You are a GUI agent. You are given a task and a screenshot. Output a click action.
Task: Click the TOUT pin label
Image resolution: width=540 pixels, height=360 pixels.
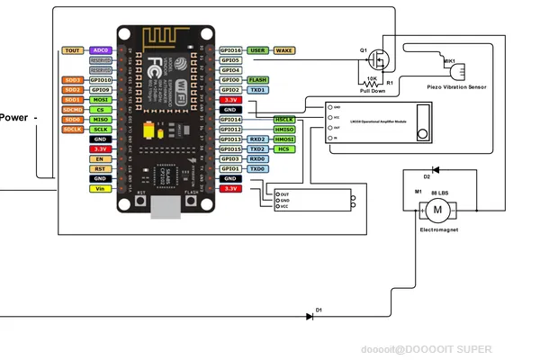[73, 50]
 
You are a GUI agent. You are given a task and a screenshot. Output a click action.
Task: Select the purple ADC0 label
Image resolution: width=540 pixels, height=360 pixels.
[100, 50]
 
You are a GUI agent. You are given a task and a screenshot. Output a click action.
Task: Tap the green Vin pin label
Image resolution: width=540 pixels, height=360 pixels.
[100, 188]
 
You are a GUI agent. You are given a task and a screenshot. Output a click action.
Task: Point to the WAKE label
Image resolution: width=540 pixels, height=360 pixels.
[285, 50]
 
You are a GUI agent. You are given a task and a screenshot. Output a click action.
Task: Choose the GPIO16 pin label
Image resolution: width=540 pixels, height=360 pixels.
[230, 50]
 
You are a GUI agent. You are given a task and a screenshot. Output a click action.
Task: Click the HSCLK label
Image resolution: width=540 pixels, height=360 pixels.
[284, 120]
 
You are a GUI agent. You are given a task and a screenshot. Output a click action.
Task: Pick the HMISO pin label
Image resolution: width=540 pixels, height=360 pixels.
[284, 130]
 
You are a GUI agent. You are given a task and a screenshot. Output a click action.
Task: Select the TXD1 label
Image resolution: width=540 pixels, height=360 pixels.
[257, 90]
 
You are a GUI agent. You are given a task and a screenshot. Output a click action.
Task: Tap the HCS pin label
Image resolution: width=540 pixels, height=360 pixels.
[284, 149]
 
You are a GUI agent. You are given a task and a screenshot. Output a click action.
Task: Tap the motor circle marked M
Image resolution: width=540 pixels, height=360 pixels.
[437, 211]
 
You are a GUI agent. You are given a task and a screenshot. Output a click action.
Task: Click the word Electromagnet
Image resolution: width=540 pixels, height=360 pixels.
[437, 231]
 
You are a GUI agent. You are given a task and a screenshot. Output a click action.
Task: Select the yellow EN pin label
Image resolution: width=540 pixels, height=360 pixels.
[100, 158]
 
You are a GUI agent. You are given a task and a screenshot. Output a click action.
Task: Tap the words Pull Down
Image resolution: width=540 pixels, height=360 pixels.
[373, 91]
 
